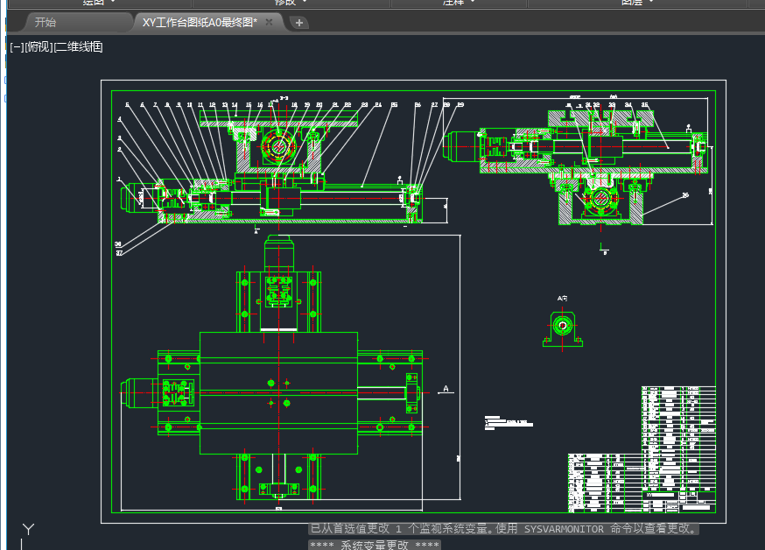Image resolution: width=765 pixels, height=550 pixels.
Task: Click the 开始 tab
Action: [x=45, y=23]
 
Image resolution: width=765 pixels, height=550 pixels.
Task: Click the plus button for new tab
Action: [x=299, y=23]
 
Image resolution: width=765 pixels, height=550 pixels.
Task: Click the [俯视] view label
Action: [x=39, y=46]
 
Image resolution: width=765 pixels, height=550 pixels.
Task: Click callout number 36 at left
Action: [x=117, y=244]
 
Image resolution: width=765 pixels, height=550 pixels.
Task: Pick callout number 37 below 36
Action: [x=117, y=253]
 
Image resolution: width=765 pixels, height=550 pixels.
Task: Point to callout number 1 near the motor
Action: [x=119, y=179]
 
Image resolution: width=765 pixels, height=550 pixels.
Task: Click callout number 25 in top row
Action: [x=394, y=105]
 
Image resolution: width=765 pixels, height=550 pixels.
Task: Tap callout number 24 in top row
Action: [x=378, y=105]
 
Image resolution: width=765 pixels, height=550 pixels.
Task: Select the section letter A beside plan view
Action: [x=446, y=388]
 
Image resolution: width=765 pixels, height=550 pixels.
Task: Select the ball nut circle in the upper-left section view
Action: [x=277, y=147]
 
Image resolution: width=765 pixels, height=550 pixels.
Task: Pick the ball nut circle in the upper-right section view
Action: [x=602, y=200]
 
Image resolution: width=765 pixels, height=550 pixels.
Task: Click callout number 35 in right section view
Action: [x=645, y=105]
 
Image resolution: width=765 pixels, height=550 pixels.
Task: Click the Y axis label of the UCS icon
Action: [x=28, y=529]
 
